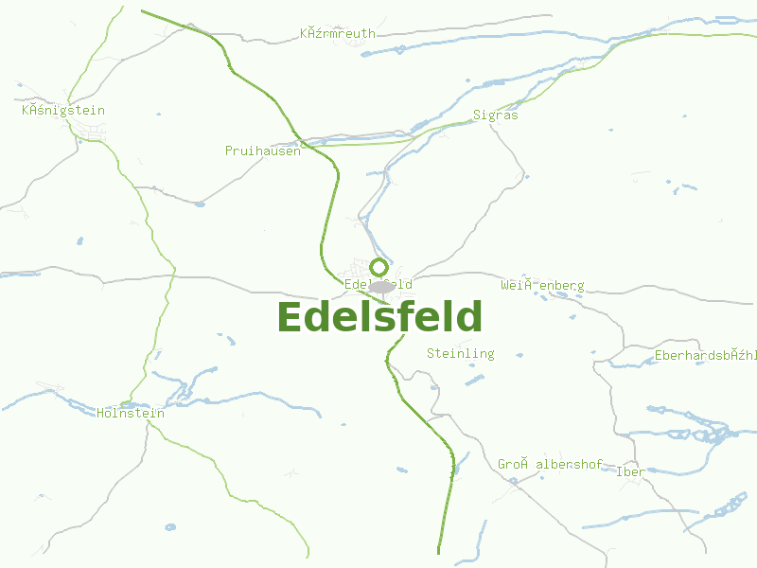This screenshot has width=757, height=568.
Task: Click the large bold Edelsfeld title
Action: tap(379, 317)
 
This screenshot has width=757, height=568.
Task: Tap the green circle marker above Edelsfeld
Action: tap(378, 267)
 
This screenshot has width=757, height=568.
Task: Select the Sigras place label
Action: tap(496, 115)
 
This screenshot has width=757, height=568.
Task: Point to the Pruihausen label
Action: tap(263, 151)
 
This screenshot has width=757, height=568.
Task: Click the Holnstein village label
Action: tap(131, 414)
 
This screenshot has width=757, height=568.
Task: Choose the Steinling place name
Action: tap(461, 354)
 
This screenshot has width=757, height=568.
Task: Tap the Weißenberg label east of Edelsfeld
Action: tap(542, 285)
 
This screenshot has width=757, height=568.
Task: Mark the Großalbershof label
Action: tap(551, 464)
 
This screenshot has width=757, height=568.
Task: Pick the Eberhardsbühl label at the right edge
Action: tap(706, 356)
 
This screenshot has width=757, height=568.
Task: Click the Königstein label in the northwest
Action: tap(63, 111)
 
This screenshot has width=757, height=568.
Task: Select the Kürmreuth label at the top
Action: tap(338, 34)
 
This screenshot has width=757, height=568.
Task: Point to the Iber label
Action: tap(630, 471)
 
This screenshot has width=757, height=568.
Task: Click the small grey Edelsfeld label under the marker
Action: tap(378, 284)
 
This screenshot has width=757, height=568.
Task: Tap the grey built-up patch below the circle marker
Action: tap(381, 287)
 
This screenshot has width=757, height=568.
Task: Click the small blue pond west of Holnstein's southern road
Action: tap(170, 526)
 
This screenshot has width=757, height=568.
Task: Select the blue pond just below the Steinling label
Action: tap(473, 381)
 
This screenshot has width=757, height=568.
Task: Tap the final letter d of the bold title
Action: tap(468, 317)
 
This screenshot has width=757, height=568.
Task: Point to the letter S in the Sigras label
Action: tap(478, 115)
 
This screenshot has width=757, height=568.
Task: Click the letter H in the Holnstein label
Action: tap(101, 414)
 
